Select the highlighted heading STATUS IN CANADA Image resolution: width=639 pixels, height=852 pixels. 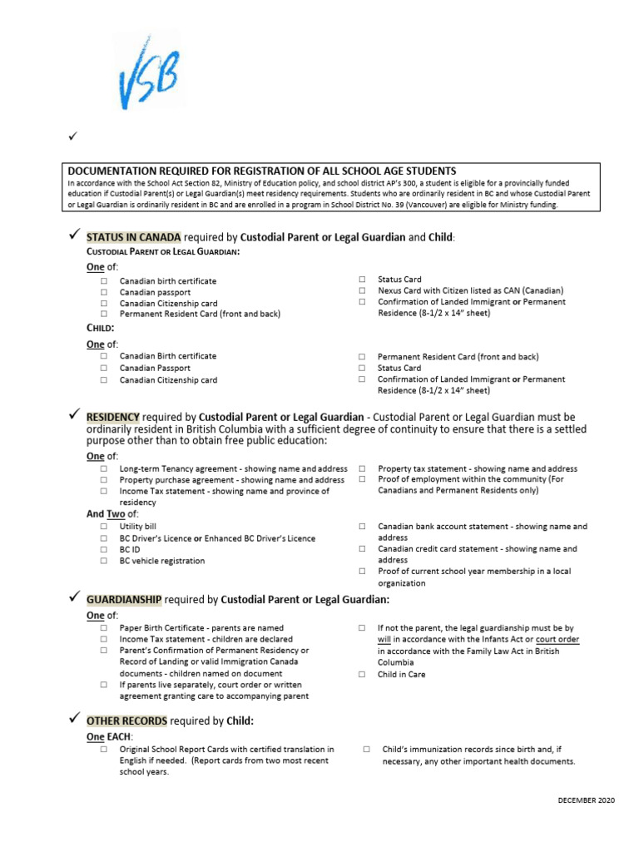click(x=133, y=237)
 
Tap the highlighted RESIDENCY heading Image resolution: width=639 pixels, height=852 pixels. click(x=113, y=416)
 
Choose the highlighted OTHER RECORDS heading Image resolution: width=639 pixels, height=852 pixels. click(x=126, y=720)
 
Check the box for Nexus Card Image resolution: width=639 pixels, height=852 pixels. click(x=362, y=291)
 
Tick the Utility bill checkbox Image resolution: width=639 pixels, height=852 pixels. click(x=104, y=528)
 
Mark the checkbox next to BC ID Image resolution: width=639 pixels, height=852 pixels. click(x=104, y=550)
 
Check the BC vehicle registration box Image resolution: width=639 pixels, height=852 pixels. click(x=104, y=562)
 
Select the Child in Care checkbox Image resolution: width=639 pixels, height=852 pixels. click(x=362, y=675)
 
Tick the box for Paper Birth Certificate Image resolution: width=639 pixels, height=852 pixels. click(x=104, y=628)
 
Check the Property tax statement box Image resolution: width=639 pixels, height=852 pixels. click(x=362, y=469)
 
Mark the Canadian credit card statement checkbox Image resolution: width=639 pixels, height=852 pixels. click(x=362, y=550)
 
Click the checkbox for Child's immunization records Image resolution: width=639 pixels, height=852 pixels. click(x=367, y=750)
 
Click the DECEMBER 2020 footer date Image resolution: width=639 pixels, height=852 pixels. click(x=586, y=800)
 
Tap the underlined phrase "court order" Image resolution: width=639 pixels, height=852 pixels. click(x=557, y=640)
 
